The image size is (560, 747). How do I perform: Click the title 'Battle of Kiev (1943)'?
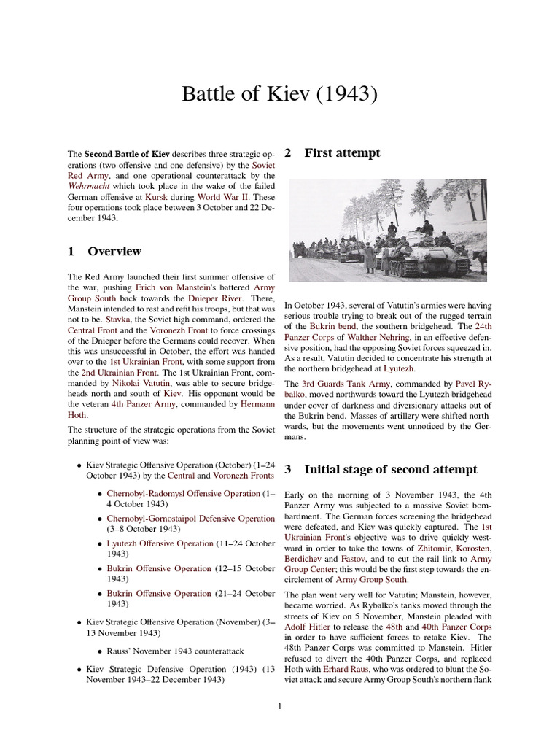click(279, 94)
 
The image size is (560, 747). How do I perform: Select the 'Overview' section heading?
click(114, 252)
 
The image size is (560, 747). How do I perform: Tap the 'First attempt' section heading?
click(341, 153)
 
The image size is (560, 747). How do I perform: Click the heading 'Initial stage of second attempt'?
click(390, 469)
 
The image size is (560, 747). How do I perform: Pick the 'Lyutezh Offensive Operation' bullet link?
click(160, 543)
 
